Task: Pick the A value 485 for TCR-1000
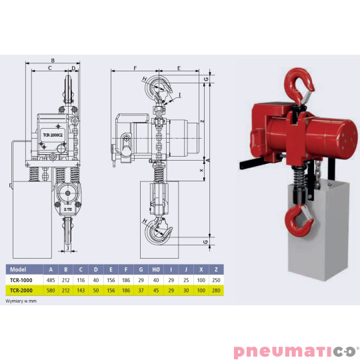point(51,281)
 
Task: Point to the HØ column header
point(156,269)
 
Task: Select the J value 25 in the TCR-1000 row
point(185,281)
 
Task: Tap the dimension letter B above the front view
point(52,59)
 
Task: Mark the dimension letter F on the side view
point(135,68)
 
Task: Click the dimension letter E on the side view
point(180,68)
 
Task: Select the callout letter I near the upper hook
point(179,95)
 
